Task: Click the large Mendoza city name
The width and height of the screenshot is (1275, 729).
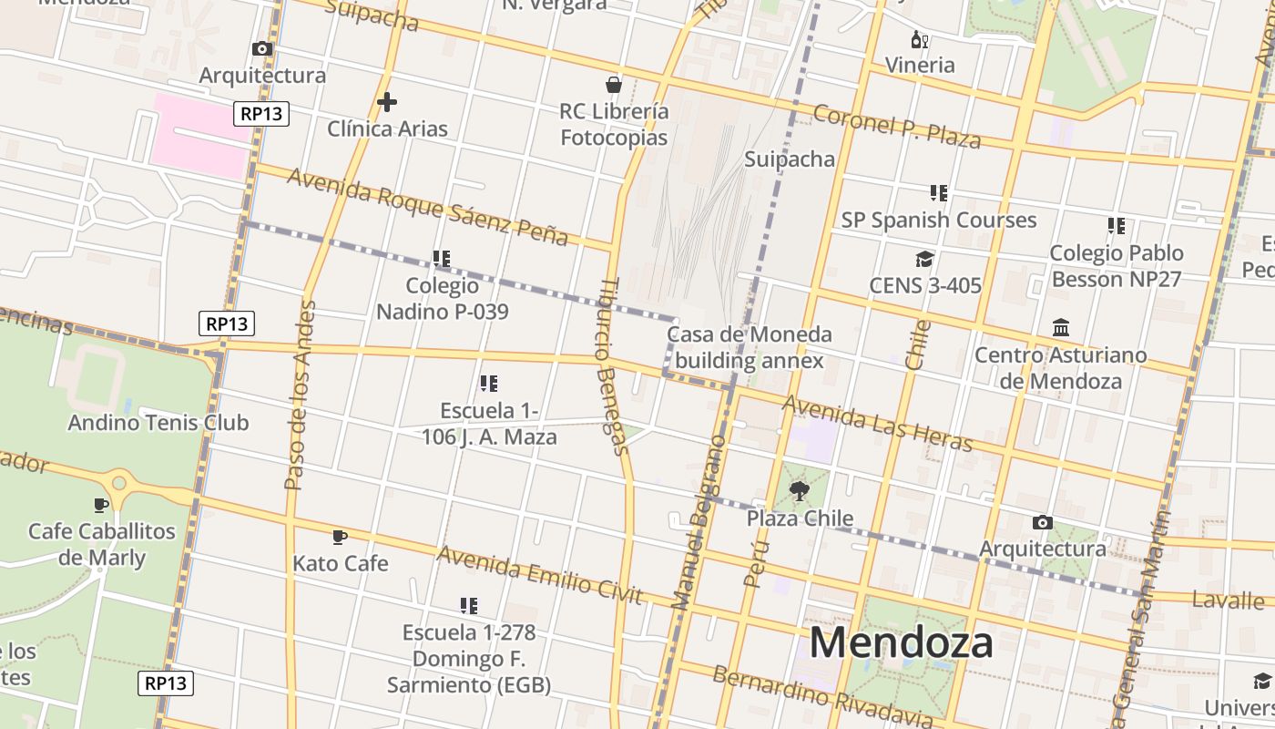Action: coord(901,642)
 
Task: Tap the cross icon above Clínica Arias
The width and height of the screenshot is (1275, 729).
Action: coord(387,102)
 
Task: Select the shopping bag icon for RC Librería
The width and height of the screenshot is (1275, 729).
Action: coord(614,85)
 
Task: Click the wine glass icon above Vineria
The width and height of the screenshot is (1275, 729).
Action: coord(920,39)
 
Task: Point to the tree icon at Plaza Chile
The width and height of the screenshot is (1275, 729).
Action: coord(800,492)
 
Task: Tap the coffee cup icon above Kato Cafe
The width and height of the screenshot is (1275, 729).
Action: coord(340,538)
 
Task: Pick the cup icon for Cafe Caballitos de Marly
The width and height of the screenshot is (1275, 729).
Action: coord(101,505)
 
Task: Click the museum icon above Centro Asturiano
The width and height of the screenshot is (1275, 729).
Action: coord(1061,327)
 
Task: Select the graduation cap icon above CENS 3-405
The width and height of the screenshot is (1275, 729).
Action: coord(925,260)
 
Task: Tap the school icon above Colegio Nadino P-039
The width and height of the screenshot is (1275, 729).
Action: coord(442,259)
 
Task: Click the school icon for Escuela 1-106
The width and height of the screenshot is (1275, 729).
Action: coord(489,384)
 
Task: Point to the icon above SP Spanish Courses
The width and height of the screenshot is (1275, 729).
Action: coord(939,193)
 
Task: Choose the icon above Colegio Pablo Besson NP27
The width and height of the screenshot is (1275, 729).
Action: coord(1117,226)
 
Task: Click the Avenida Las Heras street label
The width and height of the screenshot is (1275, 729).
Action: coord(878,423)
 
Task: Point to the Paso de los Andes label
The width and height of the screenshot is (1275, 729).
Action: coord(300,395)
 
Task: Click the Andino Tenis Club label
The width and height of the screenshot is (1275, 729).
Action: coord(158,423)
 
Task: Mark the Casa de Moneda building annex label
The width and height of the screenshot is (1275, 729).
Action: coord(749,347)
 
